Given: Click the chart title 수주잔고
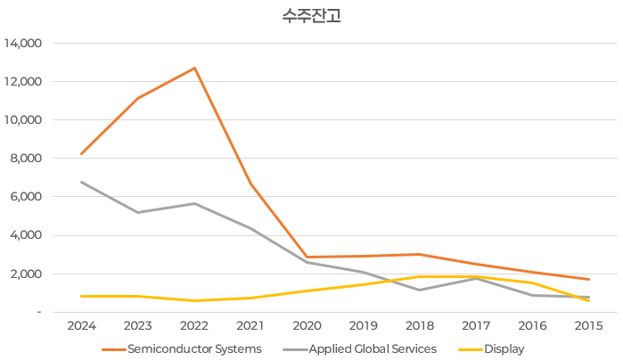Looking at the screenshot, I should tap(311, 17).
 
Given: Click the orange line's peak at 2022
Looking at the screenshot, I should tap(194, 68).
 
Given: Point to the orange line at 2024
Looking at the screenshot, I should tap(81, 154).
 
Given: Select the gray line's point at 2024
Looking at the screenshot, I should tap(81, 182).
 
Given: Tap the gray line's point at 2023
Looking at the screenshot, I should tap(137, 212).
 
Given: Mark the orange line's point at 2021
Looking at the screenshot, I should tap(250, 184).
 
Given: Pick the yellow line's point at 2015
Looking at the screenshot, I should tap(589, 301).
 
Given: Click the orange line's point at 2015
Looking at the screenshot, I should tap(589, 279).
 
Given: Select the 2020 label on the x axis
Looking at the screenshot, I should tap(307, 325).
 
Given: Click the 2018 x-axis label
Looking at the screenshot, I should tap(420, 325).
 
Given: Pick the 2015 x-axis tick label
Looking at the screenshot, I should tap(589, 325).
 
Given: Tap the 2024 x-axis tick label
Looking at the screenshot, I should tap(81, 325).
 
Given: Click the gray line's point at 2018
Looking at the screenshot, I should tap(420, 290).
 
